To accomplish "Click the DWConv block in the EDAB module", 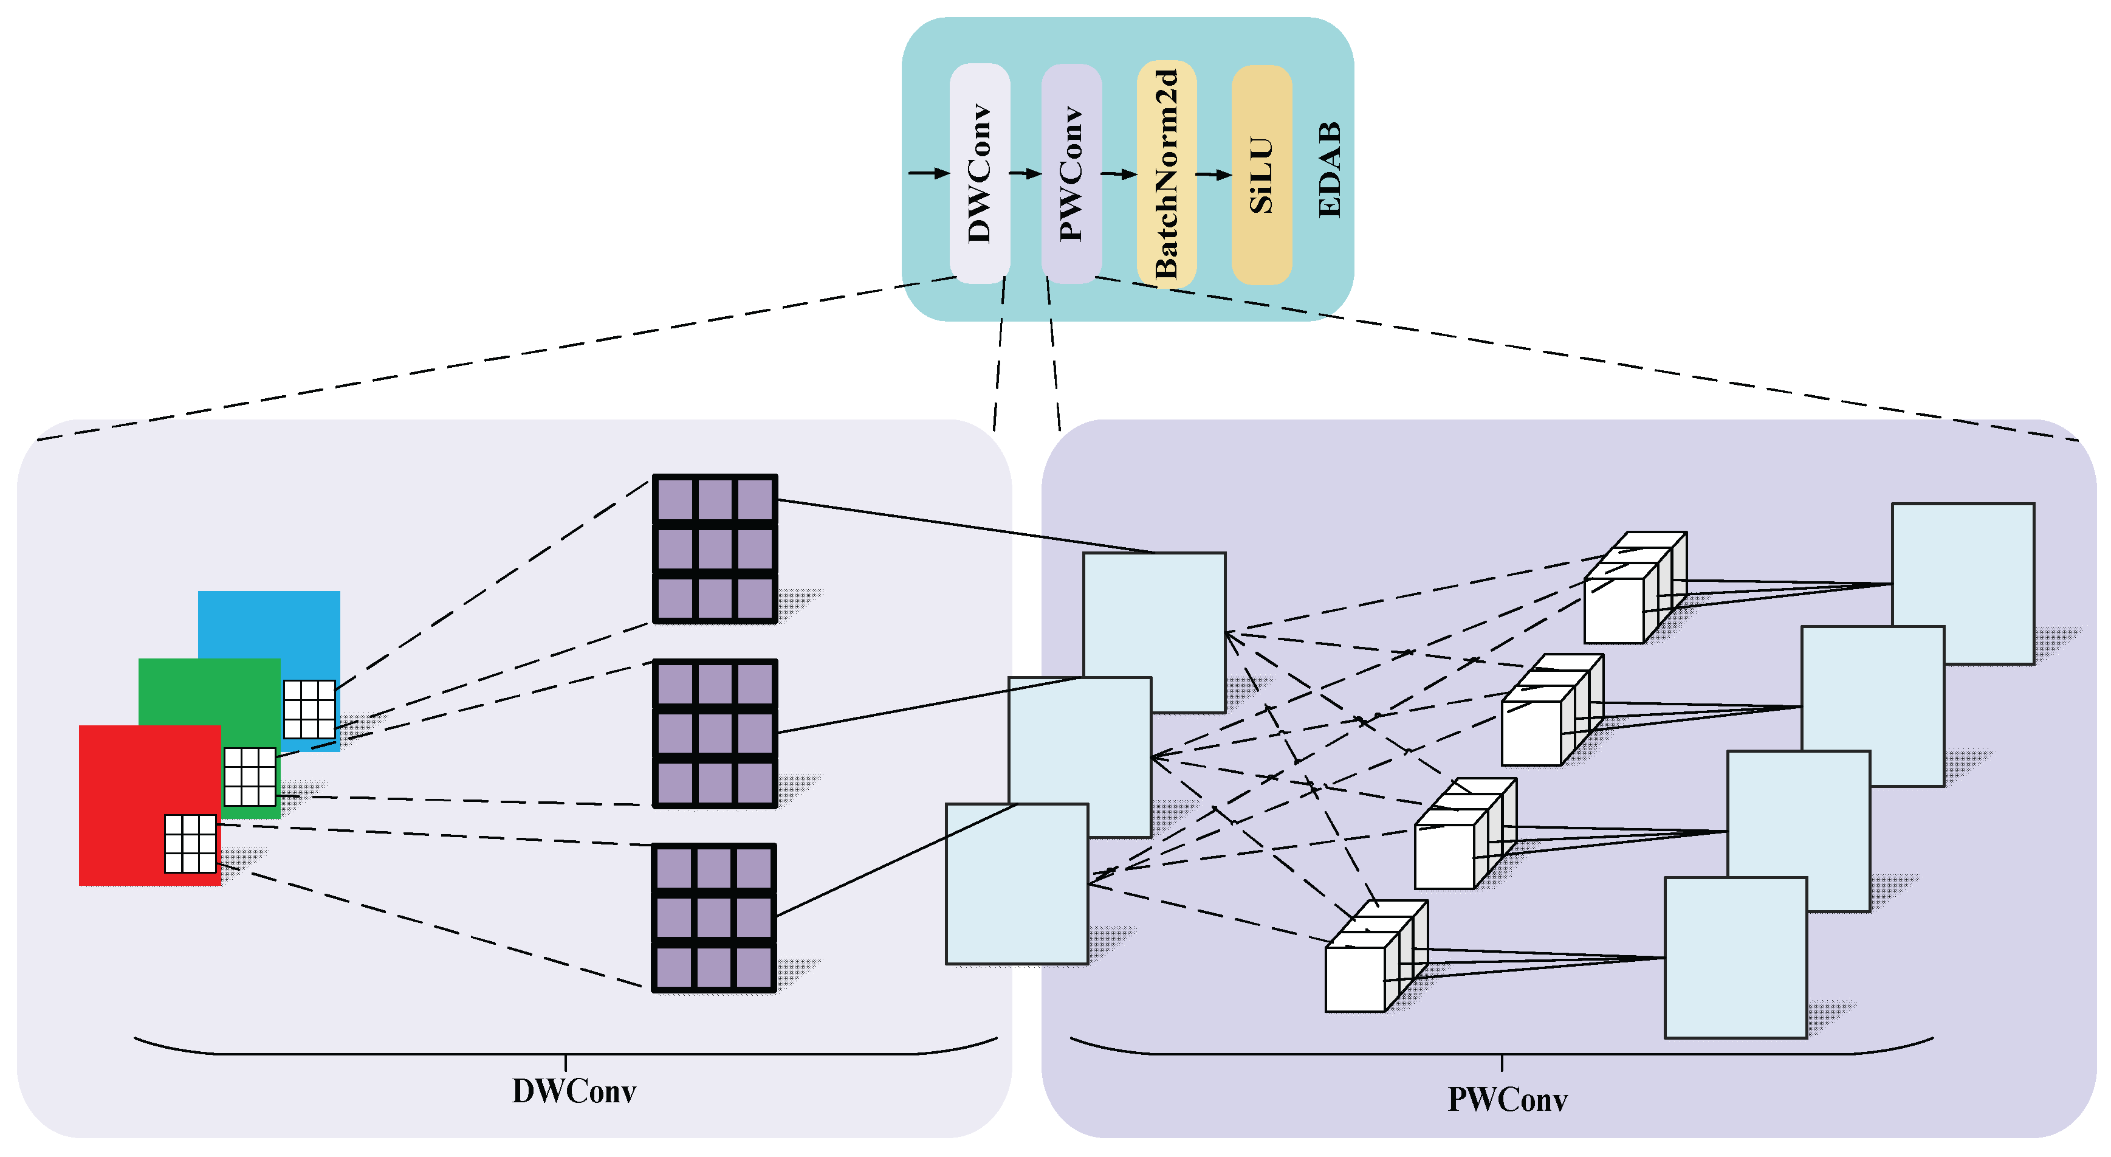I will pyautogui.click(x=980, y=174).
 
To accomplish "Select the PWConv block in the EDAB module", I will pyautogui.click(x=1071, y=174).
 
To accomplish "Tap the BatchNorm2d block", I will pyautogui.click(x=1166, y=174).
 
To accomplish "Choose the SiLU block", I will pyautogui.click(x=1261, y=174).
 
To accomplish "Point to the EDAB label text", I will pyautogui.click(x=1329, y=170).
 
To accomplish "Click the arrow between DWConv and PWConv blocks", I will pyautogui.click(x=1025, y=174).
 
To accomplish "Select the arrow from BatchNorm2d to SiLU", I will pyautogui.click(x=1213, y=174).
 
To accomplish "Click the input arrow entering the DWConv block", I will pyautogui.click(x=928, y=173).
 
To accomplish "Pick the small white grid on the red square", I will pyautogui.click(x=190, y=843).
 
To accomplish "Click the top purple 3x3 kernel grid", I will pyautogui.click(x=715, y=548).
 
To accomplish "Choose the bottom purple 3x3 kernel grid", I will pyautogui.click(x=714, y=917).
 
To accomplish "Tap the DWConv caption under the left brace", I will pyautogui.click(x=574, y=1091).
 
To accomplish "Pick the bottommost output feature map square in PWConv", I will pyautogui.click(x=1735, y=957).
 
